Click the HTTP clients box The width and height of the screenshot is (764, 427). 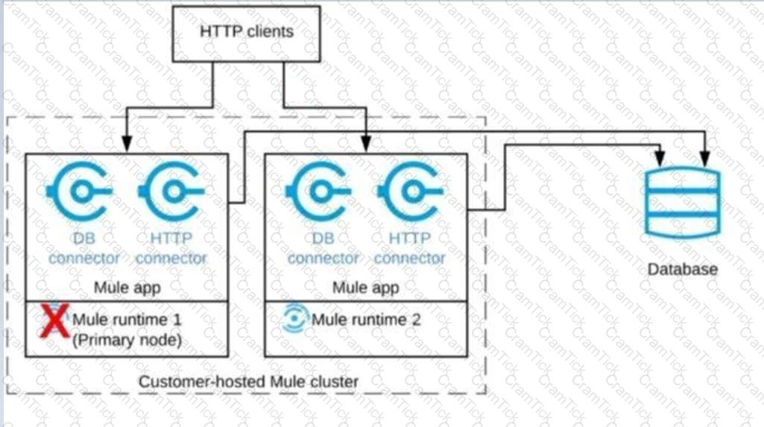247,32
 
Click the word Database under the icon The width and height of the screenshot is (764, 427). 682,268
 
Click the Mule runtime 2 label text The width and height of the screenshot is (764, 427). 366,320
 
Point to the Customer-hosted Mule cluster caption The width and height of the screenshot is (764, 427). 248,382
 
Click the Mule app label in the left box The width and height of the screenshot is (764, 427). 127,287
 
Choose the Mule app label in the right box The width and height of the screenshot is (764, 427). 365,287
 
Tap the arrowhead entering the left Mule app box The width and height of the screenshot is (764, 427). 127,148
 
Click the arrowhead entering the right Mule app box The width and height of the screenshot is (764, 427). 366,148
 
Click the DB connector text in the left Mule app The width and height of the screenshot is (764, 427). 84,249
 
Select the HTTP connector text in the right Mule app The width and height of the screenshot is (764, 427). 409,249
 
